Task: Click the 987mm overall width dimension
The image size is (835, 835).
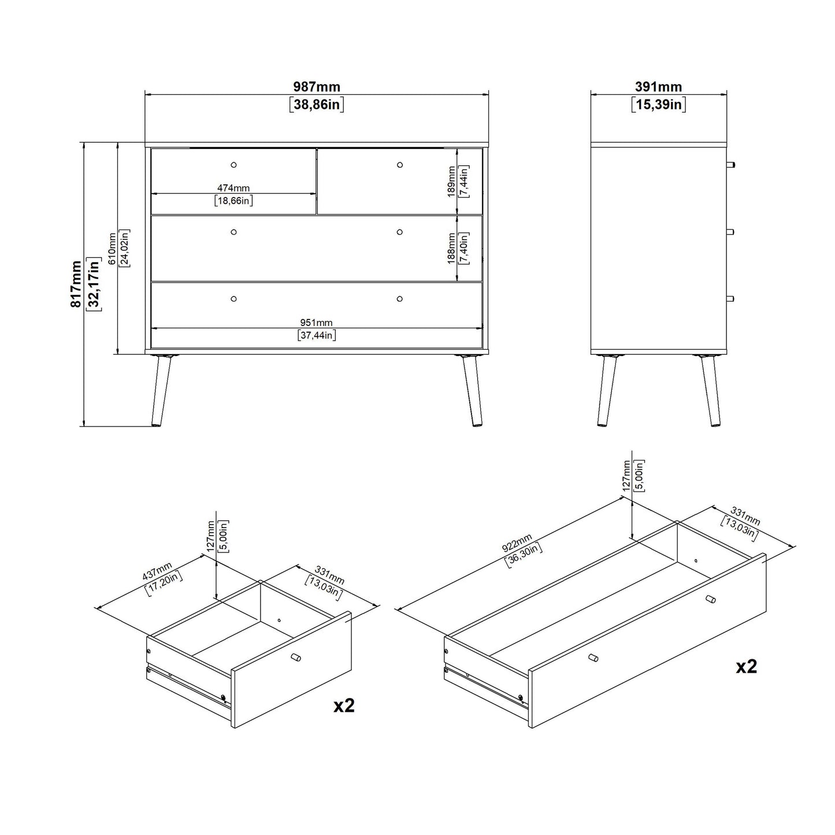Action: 316,87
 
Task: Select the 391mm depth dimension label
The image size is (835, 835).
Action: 658,87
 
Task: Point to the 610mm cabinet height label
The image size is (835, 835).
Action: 112,248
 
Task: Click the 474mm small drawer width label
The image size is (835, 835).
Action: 233,188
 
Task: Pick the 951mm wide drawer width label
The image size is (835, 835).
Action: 316,322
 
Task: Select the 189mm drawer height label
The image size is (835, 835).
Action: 451,181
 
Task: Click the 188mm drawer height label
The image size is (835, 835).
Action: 451,248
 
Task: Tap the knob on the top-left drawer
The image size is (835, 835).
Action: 233,165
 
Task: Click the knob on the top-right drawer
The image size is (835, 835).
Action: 400,165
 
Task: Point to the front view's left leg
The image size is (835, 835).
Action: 161,390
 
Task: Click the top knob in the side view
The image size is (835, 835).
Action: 730,165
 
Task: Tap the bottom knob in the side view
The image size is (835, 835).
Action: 730,299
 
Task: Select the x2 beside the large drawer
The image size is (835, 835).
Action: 746,667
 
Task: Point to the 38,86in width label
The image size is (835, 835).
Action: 316,105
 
